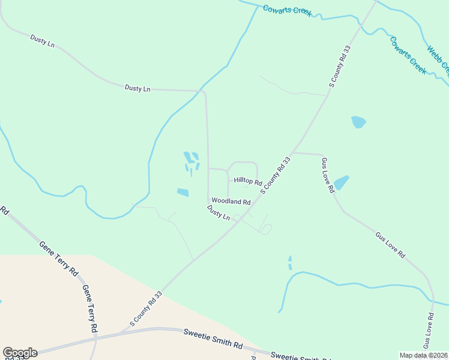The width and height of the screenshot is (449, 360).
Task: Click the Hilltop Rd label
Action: pos(248,181)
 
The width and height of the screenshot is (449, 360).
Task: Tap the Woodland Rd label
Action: pos(231,202)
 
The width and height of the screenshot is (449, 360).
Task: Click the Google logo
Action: pos(20,353)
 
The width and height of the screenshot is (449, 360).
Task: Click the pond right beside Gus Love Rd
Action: pos(341,182)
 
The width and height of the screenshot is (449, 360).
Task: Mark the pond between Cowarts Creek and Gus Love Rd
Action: pos(358,122)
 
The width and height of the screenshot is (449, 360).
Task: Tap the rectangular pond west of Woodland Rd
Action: pos(182,192)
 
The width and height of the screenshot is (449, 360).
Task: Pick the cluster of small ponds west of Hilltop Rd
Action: pos(191,161)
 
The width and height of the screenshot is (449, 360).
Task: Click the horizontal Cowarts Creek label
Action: pos(287,11)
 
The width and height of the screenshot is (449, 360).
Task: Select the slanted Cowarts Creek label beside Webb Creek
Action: pos(408,55)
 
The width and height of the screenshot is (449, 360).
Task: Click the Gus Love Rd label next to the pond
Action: pos(327,175)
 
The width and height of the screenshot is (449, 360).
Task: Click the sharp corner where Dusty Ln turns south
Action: pos(205,92)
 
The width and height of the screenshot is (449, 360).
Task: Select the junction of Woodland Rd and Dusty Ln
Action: pos(209,201)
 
